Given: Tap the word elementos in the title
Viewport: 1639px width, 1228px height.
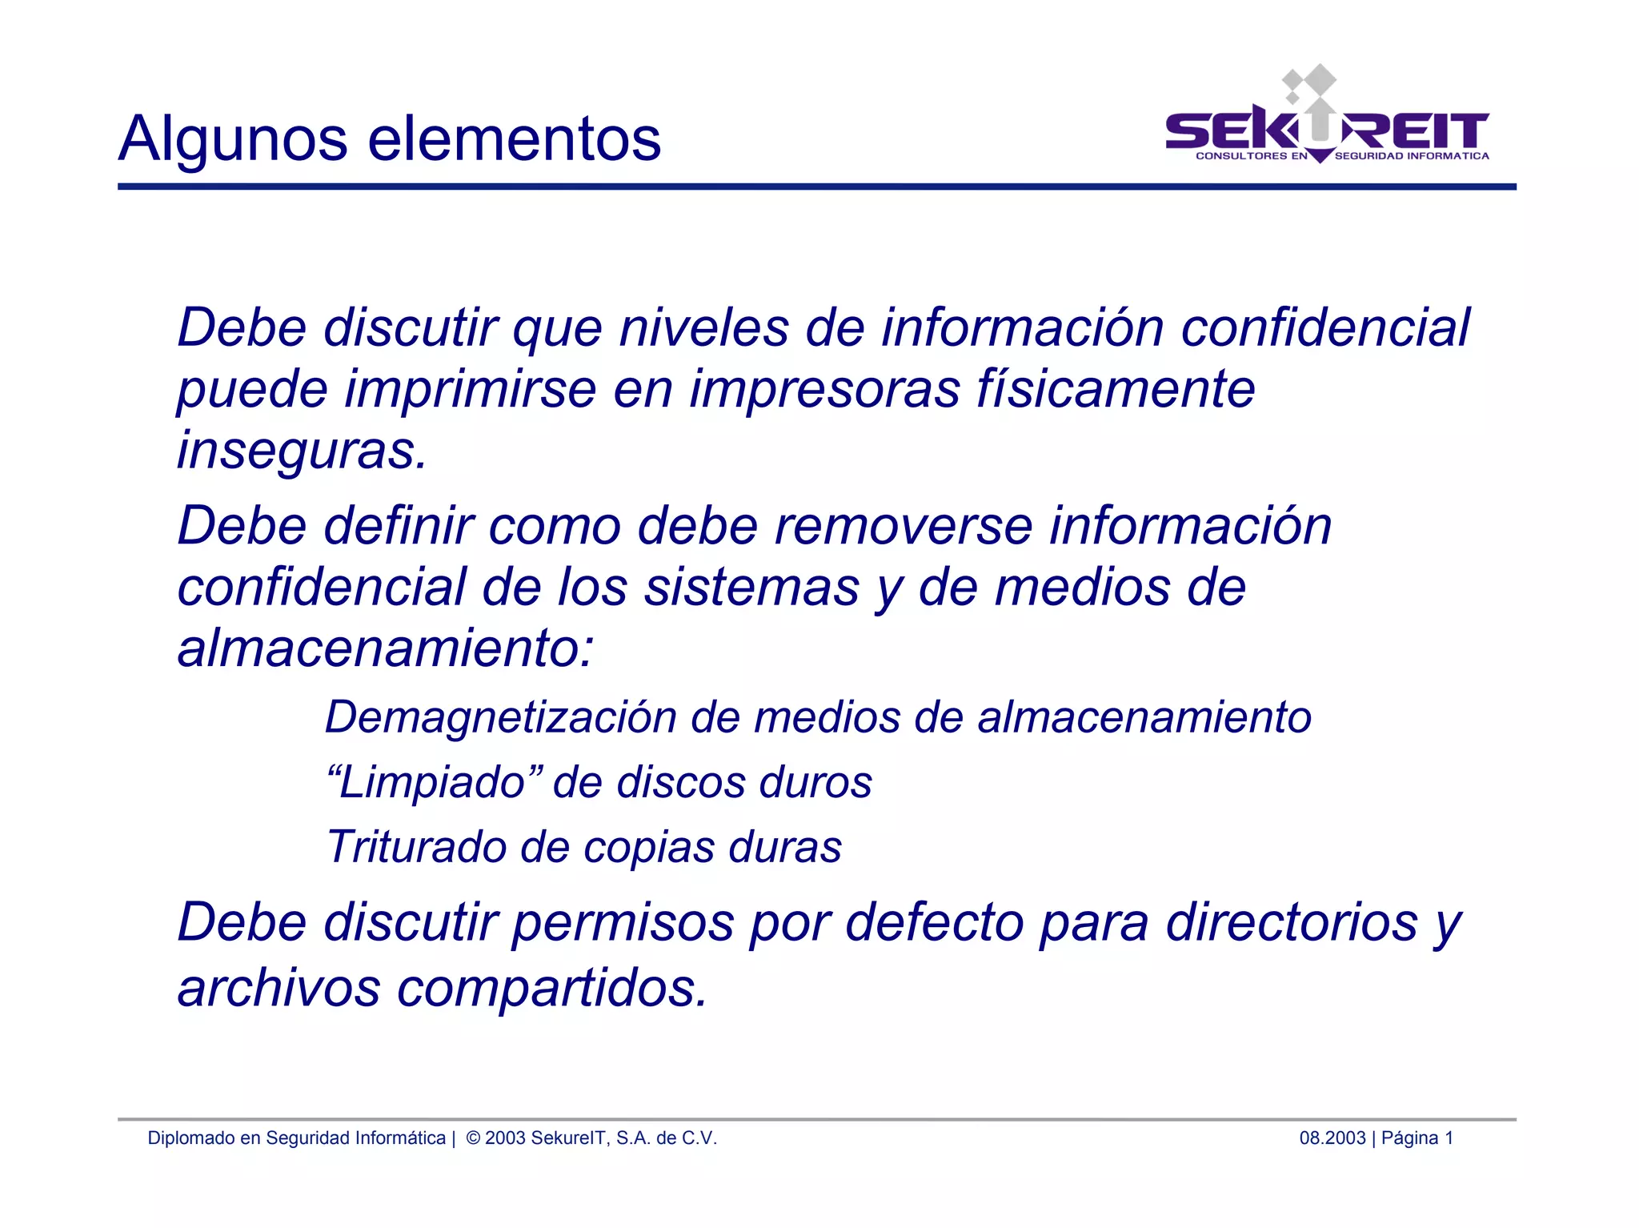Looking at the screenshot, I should [515, 138].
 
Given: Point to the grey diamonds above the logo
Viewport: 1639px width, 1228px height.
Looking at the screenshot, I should [1308, 82].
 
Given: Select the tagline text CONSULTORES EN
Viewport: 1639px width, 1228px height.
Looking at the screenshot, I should [1251, 156].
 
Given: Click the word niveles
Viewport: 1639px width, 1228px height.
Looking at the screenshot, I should [704, 327].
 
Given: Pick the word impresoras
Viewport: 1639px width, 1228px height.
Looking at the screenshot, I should [824, 390].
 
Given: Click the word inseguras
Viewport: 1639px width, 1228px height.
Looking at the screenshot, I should [302, 451].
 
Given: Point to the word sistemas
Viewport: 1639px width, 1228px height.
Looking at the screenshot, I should [751, 588].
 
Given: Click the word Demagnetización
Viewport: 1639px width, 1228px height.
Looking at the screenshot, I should [501, 716].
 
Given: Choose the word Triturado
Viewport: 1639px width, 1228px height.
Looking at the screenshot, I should [416, 846].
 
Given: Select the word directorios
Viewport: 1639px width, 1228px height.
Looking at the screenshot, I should [1291, 923].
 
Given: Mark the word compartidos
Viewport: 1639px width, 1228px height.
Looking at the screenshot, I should [552, 989].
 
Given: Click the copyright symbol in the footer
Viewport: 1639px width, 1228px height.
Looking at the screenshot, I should [473, 1138].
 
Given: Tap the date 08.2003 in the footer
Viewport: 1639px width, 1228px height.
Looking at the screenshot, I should [1332, 1138].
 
